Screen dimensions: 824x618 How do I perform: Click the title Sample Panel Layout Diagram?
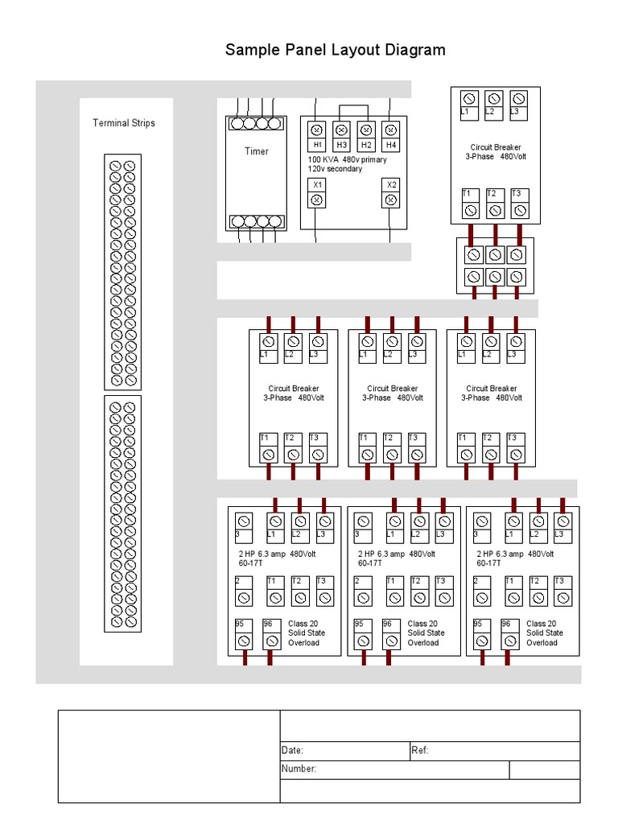(335, 50)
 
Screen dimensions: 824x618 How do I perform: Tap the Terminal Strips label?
(124, 123)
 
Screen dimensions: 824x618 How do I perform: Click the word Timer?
(257, 151)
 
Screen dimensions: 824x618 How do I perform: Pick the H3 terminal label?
(341, 145)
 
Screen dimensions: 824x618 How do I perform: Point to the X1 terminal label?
(317, 184)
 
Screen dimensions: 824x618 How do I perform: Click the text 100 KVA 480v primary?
(347, 159)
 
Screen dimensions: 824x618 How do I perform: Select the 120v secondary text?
(335, 169)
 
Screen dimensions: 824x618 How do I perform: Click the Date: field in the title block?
(292, 751)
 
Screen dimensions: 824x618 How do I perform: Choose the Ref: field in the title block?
(420, 751)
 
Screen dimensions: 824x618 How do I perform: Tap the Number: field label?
(299, 769)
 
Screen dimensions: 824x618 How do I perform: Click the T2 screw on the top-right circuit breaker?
(496, 210)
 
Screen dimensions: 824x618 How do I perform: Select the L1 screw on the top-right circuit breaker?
(470, 99)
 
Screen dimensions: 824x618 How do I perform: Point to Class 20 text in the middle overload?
(422, 624)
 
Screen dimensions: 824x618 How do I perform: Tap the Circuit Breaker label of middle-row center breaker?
(393, 389)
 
